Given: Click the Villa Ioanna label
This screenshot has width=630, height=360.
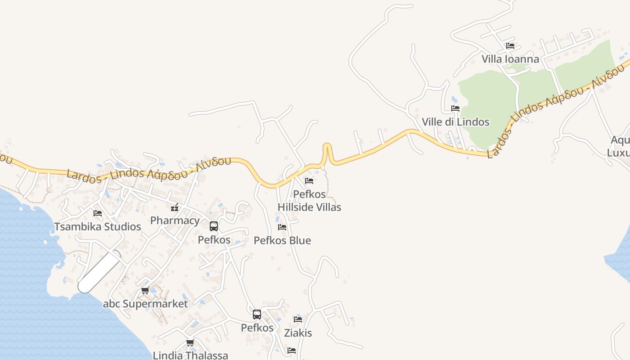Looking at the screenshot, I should coord(510,59).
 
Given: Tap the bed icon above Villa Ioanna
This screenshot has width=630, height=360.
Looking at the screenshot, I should coord(510,46).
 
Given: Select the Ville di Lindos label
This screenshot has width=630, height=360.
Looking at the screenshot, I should coord(455,122).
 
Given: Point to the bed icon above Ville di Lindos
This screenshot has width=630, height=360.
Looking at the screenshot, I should coord(455,108).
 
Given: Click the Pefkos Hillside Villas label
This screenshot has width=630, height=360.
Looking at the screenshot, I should coord(309,201).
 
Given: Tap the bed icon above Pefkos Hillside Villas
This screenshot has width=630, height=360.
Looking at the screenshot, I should coord(309,181).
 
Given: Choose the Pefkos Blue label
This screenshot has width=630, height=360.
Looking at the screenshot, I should coord(282,240).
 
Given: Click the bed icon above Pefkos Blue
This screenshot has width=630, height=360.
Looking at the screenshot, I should coord(282,227).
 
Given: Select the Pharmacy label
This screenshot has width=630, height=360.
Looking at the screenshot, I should coord(175,220).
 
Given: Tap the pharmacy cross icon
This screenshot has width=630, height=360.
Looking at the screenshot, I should coord(175,208).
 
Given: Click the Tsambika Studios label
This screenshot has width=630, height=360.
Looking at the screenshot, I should coord(98,226).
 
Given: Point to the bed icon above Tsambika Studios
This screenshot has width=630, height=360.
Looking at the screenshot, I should coord(98,213).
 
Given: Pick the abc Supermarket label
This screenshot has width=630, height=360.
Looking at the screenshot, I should coord(145,304).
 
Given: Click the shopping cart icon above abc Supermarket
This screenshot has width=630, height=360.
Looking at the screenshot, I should coord(145,291).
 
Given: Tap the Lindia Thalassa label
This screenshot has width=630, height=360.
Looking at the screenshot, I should coord(190,355).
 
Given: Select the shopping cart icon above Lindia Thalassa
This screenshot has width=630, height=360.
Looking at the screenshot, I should coord(190,343).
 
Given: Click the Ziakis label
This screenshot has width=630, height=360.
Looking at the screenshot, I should coord(298,333).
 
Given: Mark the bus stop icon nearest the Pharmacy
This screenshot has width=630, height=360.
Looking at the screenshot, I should coord(214,226).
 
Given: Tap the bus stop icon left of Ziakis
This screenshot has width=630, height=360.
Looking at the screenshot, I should coord(257,315).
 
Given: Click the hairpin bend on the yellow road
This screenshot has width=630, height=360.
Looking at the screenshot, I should coord(327,146).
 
